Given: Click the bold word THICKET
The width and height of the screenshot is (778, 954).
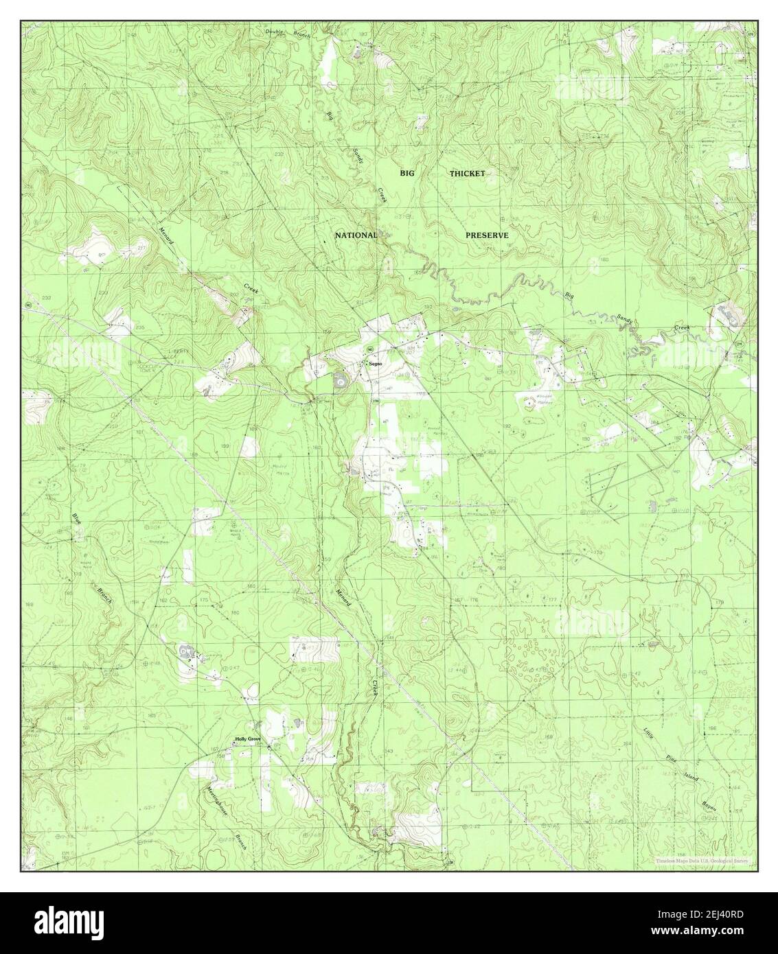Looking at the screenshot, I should [x=467, y=174].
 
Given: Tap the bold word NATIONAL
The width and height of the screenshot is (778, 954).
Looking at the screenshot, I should [x=356, y=235].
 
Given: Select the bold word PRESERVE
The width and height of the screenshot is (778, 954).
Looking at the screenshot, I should [x=487, y=235].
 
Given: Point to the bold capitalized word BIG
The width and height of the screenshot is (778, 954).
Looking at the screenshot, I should [x=408, y=174].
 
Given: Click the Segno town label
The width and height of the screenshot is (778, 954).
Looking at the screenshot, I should [x=375, y=363].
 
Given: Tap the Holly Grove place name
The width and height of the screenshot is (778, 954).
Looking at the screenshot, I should [x=248, y=739].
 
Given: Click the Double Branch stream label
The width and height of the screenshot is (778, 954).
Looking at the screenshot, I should [x=290, y=32].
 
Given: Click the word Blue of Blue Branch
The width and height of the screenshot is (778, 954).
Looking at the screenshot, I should [x=76, y=520].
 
